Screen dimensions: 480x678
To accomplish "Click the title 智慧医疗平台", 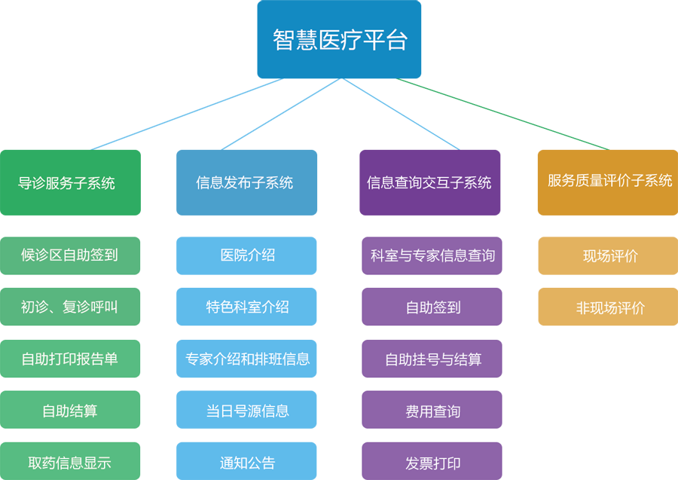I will coord(340,40).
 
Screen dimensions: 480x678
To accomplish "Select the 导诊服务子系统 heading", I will coord(66,183).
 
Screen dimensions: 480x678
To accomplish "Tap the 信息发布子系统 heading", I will coord(244,182).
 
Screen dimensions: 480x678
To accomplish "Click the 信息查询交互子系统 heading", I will coord(429,182).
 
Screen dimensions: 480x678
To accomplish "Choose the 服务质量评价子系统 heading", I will coord(609,181).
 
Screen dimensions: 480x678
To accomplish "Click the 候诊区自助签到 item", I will coord(69,255).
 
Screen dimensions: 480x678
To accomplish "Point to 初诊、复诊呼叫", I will coord(69,307).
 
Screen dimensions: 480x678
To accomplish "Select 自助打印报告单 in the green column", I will coord(69,359).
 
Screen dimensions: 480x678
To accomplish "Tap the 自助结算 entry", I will coord(69,411).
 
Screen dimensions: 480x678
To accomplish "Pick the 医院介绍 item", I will coord(247,255).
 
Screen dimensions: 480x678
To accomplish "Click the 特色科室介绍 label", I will coord(247,307).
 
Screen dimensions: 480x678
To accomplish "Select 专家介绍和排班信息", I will coord(247,359).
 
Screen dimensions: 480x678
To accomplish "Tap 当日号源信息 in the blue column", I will coord(247,411).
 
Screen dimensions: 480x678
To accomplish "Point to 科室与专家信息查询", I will coord(432,255).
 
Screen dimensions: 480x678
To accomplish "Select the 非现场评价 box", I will coord(610,308).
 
